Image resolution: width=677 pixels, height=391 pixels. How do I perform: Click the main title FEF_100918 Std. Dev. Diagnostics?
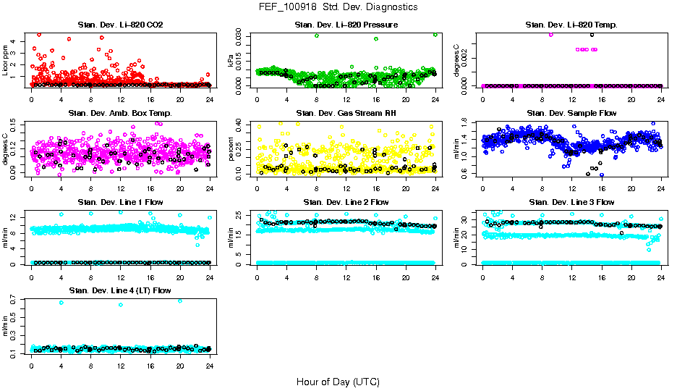coord(338,7)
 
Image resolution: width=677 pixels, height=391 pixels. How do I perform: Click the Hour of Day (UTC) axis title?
coord(338,381)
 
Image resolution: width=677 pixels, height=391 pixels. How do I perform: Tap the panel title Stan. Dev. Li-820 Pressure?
coord(346,25)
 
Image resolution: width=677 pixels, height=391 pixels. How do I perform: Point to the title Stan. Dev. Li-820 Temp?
coord(571,25)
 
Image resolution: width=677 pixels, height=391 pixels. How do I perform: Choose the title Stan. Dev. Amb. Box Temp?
coord(120,113)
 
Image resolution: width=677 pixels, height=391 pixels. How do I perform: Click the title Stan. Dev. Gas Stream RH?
coord(346,113)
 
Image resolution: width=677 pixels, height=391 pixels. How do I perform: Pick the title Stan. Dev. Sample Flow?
coord(571,113)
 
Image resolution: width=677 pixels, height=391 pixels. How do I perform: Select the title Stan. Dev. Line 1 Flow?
coord(120,202)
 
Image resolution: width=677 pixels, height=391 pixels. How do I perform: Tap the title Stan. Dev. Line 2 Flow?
coord(346,202)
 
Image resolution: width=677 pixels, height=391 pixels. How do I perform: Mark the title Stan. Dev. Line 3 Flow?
coord(571,202)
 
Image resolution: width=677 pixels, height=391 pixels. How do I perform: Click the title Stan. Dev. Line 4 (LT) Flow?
coord(120,290)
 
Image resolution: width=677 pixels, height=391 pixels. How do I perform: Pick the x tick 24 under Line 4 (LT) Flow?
coord(210,365)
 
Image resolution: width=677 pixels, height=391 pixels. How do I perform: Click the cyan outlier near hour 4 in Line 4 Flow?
coord(61,303)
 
